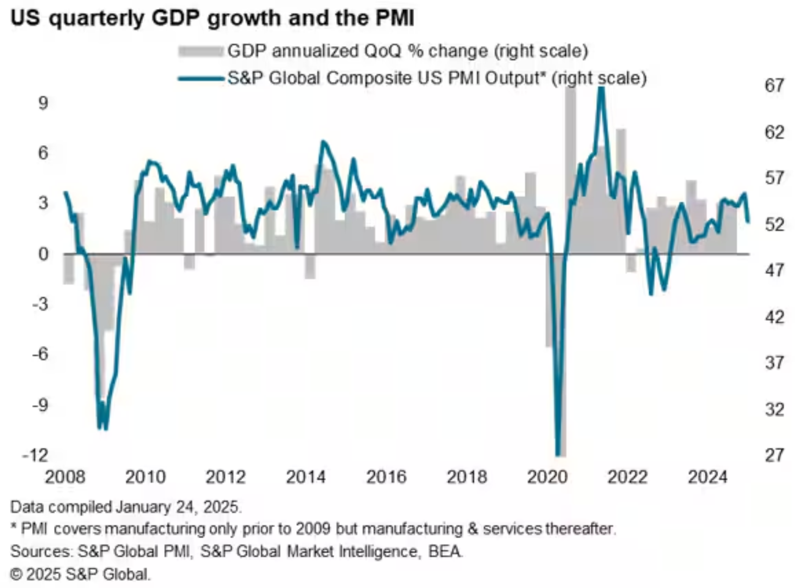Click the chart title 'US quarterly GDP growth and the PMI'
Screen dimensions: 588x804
pos(212,18)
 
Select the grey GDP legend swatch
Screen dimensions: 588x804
pos(200,51)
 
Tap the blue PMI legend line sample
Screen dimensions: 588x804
pos(200,79)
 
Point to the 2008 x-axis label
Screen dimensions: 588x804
pos(65,477)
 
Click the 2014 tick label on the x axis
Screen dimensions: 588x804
pos(306,477)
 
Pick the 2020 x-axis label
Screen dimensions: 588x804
pos(547,477)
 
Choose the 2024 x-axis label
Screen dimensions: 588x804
pos(707,477)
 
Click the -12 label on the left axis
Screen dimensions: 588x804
pos(36,455)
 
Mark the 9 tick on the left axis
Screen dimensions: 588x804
pos(42,103)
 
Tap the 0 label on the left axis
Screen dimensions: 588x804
pos(42,254)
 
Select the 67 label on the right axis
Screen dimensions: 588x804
pos(774,85)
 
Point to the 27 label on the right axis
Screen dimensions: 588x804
pos(774,455)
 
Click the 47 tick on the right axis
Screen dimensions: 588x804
pos(774,270)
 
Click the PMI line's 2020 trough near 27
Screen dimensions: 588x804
pos(559,454)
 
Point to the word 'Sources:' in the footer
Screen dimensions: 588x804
pos(41,551)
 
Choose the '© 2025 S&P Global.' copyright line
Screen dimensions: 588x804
pos(80,574)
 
